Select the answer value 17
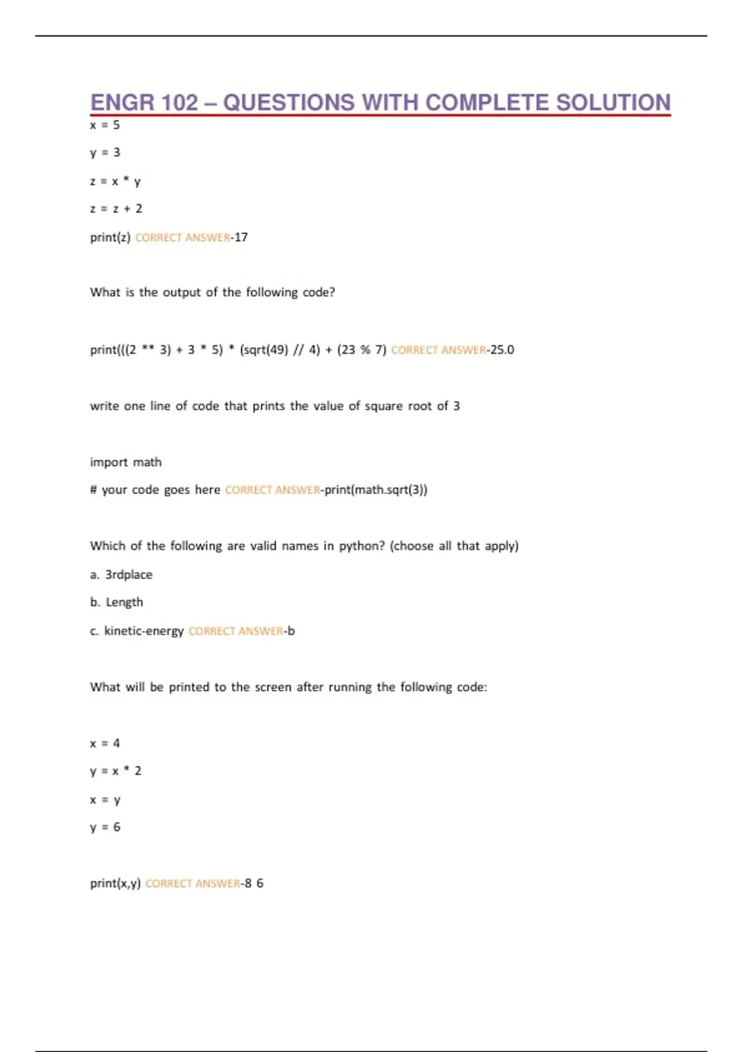tap(241, 237)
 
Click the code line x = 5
tap(105, 125)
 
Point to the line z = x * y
tap(115, 181)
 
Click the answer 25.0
tap(502, 350)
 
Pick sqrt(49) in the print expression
tap(264, 350)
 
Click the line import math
tap(126, 462)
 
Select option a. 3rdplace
tap(121, 574)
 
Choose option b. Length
tap(116, 602)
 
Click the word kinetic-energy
tap(144, 631)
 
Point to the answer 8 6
tap(254, 883)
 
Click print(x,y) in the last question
tap(115, 883)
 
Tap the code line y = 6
tap(105, 827)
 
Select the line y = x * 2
tap(116, 771)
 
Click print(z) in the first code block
tap(110, 237)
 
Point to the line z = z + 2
tap(116, 209)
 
